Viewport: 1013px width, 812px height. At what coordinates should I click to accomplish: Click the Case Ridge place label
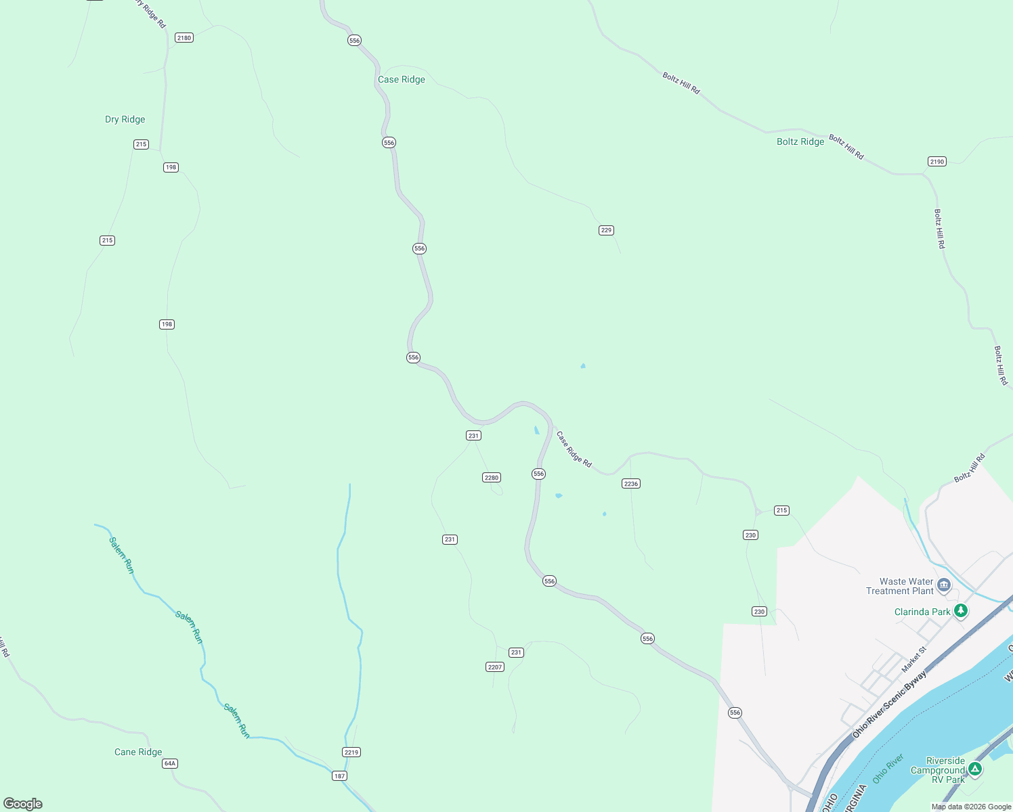(402, 79)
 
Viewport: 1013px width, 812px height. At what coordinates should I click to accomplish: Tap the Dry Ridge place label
(125, 119)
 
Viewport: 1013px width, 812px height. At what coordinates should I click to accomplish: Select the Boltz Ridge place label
(800, 141)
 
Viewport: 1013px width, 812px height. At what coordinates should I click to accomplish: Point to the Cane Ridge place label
(138, 752)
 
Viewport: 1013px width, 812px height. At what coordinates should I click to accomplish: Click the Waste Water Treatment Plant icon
(944, 584)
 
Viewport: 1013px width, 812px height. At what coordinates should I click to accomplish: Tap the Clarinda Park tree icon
(960, 611)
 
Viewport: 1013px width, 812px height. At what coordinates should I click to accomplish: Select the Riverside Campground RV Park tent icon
(974, 769)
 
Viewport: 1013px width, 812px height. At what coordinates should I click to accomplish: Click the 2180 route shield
(184, 38)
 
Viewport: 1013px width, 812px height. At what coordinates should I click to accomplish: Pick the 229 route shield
(606, 230)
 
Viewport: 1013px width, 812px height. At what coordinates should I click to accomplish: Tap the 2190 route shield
(937, 162)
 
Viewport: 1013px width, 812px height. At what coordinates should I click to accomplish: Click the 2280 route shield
(492, 478)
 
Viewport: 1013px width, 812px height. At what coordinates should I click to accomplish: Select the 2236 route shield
(631, 484)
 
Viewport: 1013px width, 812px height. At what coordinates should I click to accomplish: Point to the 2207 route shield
(495, 667)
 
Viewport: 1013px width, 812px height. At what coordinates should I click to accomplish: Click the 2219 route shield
(351, 752)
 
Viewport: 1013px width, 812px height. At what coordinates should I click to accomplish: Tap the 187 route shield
(339, 776)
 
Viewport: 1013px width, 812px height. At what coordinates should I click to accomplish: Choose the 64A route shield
(170, 763)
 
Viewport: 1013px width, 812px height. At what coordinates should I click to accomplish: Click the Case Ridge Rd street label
(574, 449)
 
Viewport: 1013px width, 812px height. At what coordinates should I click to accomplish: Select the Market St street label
(913, 659)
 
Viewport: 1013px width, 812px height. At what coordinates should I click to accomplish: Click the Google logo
(23, 803)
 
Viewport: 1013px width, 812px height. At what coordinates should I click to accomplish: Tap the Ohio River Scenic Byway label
(889, 704)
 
